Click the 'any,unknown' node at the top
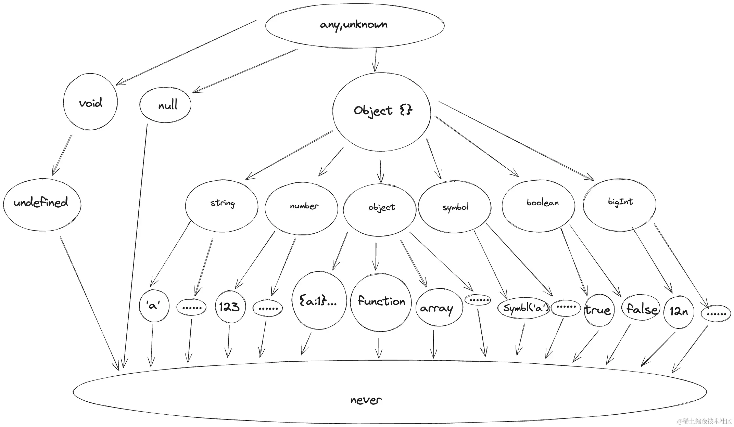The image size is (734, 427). click(x=354, y=25)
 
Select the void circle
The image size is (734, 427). click(x=90, y=102)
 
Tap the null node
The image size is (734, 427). click(x=166, y=105)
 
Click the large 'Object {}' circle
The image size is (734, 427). click(x=381, y=112)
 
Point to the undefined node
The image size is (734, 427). click(x=41, y=204)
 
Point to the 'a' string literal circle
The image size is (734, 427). click(x=154, y=306)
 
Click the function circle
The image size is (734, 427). click(x=381, y=302)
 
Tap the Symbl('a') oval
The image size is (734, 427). click(x=524, y=308)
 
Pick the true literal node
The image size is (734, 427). click(x=598, y=310)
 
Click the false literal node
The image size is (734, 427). click(x=641, y=309)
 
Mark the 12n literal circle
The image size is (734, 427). click(x=679, y=311)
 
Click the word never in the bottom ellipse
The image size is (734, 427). click(x=366, y=400)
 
